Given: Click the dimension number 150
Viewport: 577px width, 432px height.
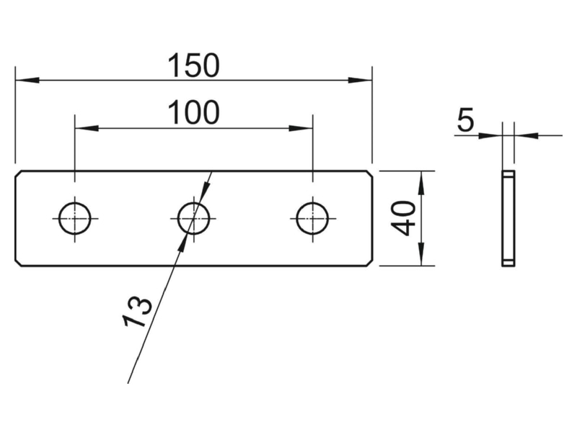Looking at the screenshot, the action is coord(193,66).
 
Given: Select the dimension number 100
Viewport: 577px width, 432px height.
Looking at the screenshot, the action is coord(193,112).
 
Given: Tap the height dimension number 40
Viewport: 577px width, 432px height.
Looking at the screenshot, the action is coord(403,218).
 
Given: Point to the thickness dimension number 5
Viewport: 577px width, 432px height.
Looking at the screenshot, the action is coord(465,120).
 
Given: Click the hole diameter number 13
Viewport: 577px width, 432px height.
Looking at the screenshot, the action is coord(138,311).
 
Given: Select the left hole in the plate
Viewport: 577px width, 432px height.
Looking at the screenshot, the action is coord(75,219).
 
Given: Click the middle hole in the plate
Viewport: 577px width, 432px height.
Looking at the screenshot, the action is coord(193,219).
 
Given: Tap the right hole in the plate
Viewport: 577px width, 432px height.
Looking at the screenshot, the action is coord(313,219).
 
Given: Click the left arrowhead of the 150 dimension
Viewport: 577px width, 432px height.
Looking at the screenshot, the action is coord(27,80).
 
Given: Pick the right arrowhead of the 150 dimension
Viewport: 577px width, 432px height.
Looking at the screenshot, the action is coord(360,80).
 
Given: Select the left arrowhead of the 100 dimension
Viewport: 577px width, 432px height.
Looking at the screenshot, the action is coord(87,128).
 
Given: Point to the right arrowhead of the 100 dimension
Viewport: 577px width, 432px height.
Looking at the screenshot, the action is coord(301,128).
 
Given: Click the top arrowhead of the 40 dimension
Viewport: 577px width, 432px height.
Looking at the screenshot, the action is coord(421,183).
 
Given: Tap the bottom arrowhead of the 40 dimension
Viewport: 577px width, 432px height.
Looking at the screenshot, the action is coord(421,254).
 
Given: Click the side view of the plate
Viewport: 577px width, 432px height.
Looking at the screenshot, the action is coord(508,218).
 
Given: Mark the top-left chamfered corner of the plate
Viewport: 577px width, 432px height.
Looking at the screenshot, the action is coord(19,174).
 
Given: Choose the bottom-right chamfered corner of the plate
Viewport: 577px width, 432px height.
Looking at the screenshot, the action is coord(369,263).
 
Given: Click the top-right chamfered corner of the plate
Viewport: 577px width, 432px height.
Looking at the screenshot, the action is coord(369,174).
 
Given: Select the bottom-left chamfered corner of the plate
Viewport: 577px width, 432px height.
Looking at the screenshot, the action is coord(19,263).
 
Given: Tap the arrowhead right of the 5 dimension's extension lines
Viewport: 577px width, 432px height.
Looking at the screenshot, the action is coord(527,135).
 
